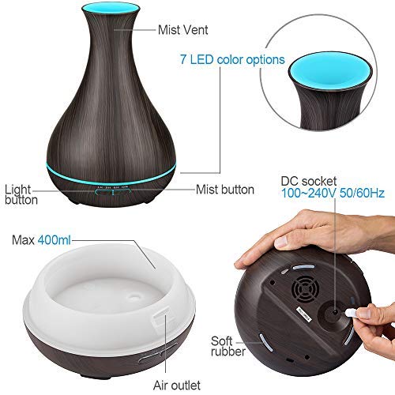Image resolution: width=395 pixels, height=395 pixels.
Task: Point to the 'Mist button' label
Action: (x=224, y=190)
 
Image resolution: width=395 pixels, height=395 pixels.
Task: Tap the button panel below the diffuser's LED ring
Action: (x=110, y=190)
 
